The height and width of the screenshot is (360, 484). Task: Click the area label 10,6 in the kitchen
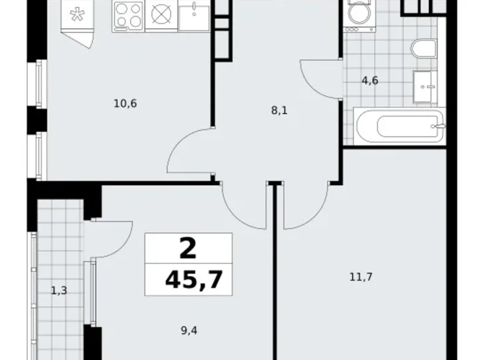125,104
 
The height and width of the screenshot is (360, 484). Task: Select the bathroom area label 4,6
370,80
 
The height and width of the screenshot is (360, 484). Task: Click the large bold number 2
187,249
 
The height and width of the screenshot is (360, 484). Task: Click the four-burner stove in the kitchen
128,16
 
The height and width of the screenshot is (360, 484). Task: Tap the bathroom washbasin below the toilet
426,86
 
